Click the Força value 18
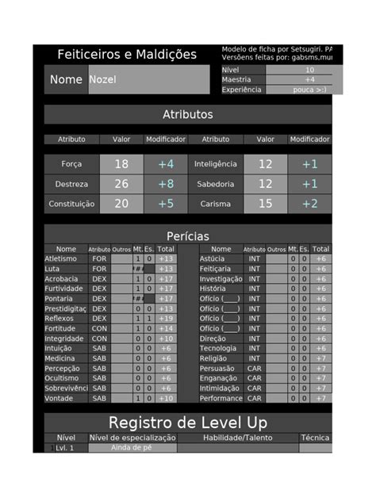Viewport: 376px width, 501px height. (x=121, y=164)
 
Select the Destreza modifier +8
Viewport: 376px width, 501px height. (x=165, y=184)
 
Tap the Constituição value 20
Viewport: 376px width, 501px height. (x=121, y=204)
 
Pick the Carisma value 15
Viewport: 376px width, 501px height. (x=265, y=204)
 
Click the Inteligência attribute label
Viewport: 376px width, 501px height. (x=215, y=164)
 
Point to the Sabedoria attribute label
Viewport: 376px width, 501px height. (x=215, y=184)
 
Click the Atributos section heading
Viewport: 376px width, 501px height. (x=187, y=114)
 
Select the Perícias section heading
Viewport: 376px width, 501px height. (x=187, y=236)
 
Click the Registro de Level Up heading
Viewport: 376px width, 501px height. (x=187, y=422)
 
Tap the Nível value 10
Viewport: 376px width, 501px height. (x=309, y=70)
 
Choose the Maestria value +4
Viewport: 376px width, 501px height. (x=309, y=79)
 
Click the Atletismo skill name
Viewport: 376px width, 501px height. (x=61, y=258)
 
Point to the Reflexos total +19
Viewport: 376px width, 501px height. (x=166, y=319)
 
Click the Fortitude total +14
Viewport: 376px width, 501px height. (x=166, y=328)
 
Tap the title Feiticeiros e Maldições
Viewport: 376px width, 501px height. (x=127, y=55)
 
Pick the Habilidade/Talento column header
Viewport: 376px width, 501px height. (x=237, y=438)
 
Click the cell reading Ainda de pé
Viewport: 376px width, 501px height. (x=132, y=448)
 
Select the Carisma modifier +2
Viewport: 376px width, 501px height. (x=309, y=204)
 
